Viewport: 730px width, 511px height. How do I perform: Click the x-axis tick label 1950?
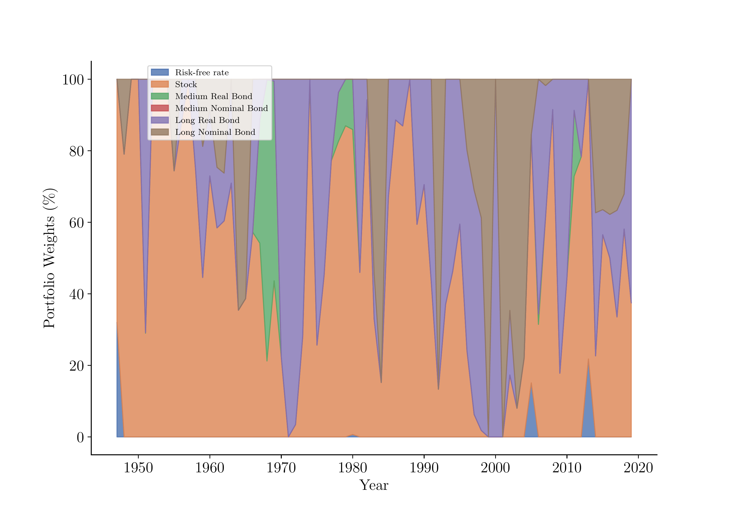[138, 468]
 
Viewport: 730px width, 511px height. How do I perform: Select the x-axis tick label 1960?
[210, 468]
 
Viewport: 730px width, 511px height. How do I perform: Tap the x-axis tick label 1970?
[281, 468]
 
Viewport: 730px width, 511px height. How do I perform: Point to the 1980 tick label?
[352, 468]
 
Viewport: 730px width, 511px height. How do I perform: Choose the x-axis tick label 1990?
[424, 468]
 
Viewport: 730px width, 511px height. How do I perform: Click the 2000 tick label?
[495, 468]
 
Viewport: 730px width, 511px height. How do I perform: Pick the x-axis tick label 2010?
[567, 468]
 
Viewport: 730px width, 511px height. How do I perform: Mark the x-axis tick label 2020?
[638, 468]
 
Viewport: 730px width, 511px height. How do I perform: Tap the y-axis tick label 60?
[77, 223]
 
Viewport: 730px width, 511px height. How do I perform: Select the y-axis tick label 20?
[77, 366]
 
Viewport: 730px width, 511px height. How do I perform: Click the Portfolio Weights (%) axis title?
[49, 258]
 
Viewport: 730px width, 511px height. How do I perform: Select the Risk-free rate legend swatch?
[160, 72]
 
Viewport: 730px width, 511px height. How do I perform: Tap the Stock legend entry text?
[186, 84]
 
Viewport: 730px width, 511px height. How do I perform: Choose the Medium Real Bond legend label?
[214, 96]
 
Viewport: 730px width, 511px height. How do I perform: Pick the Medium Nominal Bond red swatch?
[160, 108]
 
